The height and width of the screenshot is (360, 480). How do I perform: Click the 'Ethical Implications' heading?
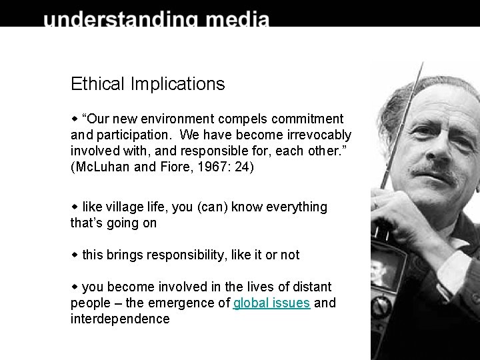click(x=147, y=84)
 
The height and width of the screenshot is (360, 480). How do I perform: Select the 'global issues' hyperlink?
click(x=271, y=303)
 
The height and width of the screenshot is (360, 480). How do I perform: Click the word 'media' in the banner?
click(x=237, y=19)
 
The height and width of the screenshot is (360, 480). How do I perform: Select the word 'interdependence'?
click(x=120, y=319)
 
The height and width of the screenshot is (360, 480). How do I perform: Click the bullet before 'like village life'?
click(x=75, y=207)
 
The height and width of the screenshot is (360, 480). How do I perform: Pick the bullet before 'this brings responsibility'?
click(x=75, y=255)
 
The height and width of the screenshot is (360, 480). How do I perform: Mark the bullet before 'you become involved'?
click(x=75, y=287)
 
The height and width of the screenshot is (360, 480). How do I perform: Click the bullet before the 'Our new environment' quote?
click(x=75, y=119)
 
